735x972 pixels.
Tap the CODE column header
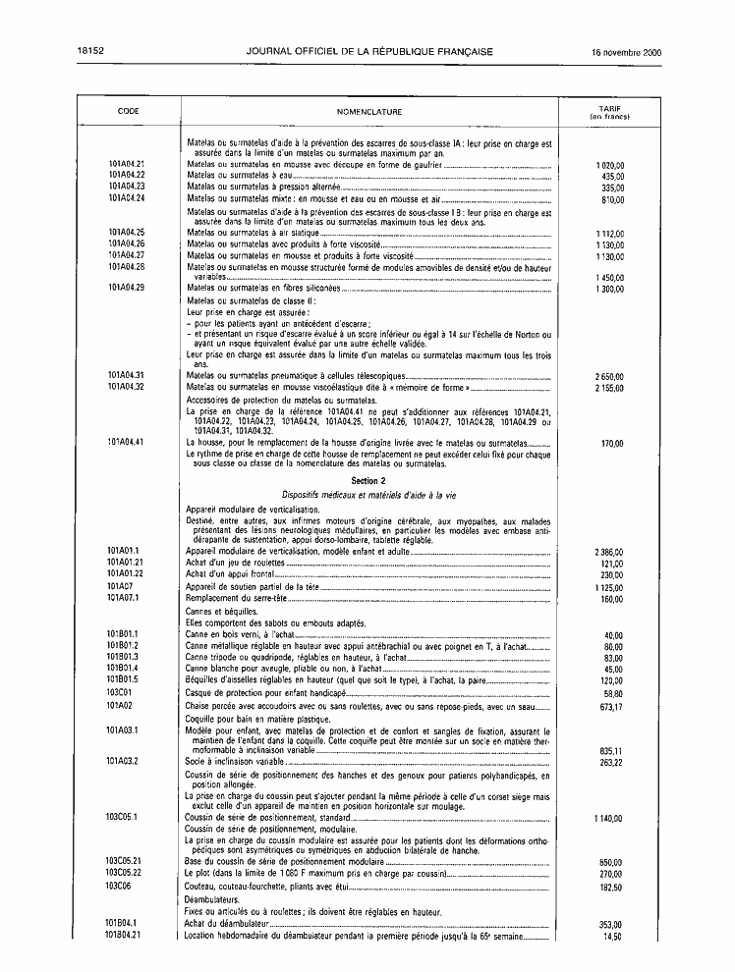pos(128,112)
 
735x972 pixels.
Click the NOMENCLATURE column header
pos(369,112)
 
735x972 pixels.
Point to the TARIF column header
pos(609,112)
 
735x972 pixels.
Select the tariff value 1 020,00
pos(609,164)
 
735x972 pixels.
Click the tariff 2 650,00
pos(609,376)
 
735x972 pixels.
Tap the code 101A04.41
pos(128,443)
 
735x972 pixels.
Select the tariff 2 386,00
pos(609,552)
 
